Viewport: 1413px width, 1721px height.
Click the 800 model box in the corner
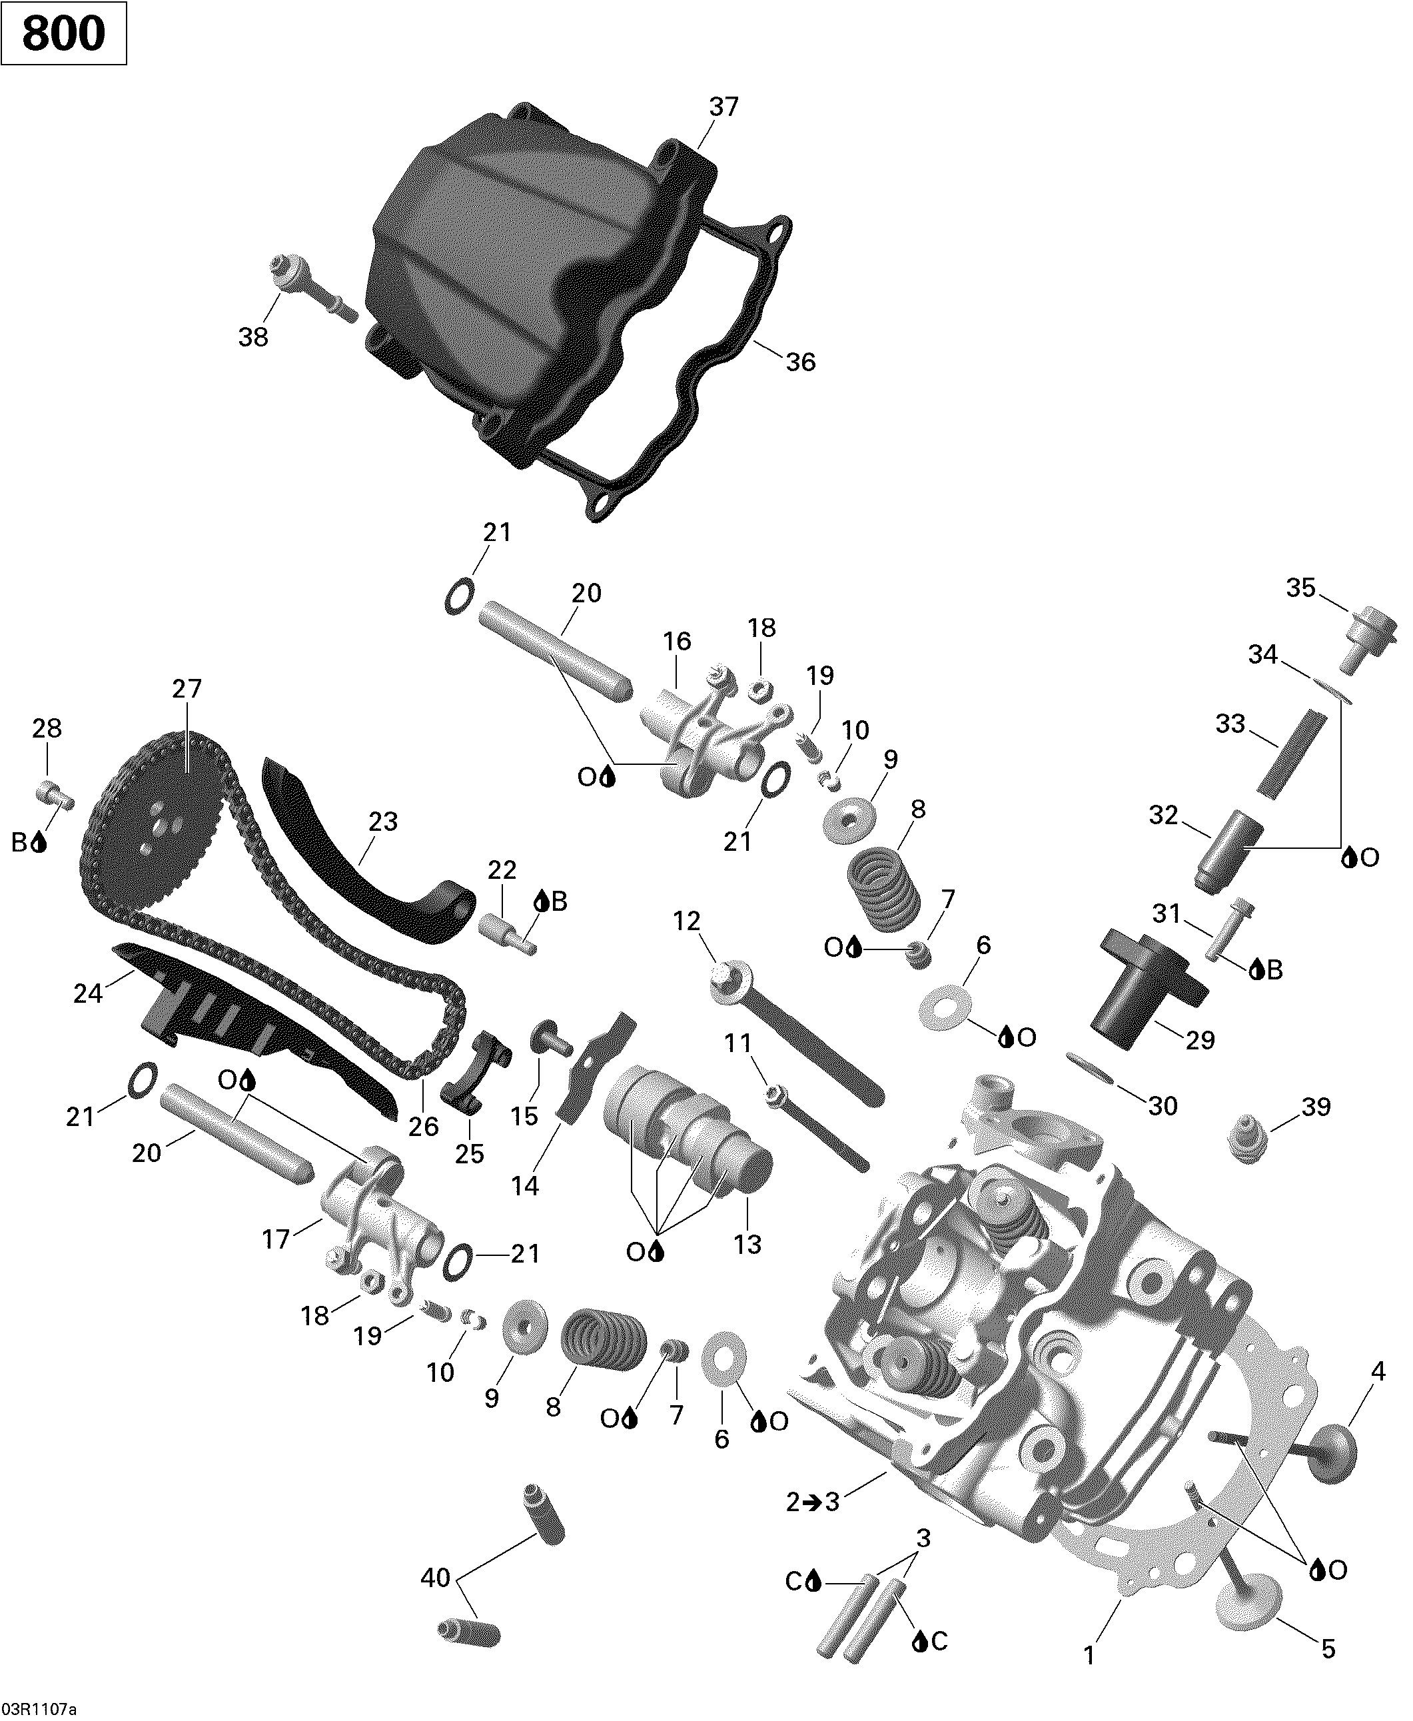point(63,33)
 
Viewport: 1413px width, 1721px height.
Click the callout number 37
point(723,107)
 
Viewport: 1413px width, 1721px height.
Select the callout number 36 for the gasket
point(800,362)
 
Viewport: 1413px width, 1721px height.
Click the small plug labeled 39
point(1245,1140)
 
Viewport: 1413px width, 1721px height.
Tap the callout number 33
point(1230,723)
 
